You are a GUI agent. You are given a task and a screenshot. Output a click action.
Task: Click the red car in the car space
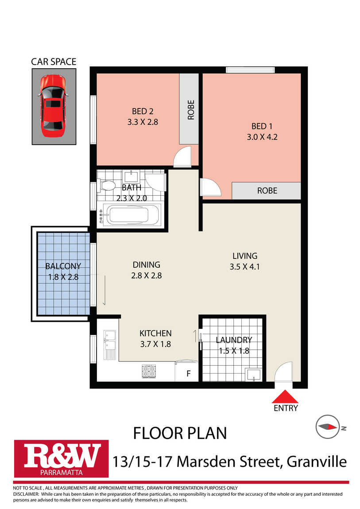click(53, 106)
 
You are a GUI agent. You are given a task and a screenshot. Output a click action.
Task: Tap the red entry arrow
click(285, 397)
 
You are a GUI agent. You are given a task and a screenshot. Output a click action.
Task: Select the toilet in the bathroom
click(107, 186)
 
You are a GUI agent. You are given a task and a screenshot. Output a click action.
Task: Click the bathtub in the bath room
click(130, 214)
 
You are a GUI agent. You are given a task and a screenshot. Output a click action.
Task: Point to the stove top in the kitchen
click(149, 371)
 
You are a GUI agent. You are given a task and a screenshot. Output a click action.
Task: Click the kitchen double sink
click(110, 344)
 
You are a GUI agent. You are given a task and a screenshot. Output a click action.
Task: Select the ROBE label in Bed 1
click(267, 191)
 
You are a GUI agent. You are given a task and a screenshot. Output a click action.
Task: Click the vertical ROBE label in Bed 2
click(191, 110)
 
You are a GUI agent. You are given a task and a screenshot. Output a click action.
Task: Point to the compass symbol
click(328, 427)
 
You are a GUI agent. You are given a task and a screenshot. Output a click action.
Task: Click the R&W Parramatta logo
click(61, 459)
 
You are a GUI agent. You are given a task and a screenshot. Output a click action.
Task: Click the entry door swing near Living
click(284, 372)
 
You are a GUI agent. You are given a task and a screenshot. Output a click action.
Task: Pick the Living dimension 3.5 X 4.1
click(244, 267)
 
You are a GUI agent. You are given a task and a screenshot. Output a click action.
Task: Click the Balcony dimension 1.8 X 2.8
click(63, 277)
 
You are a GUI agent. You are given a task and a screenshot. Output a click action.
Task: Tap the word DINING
click(147, 265)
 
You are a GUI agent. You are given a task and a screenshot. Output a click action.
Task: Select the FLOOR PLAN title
click(180, 433)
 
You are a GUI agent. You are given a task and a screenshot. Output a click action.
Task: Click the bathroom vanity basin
click(131, 176)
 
